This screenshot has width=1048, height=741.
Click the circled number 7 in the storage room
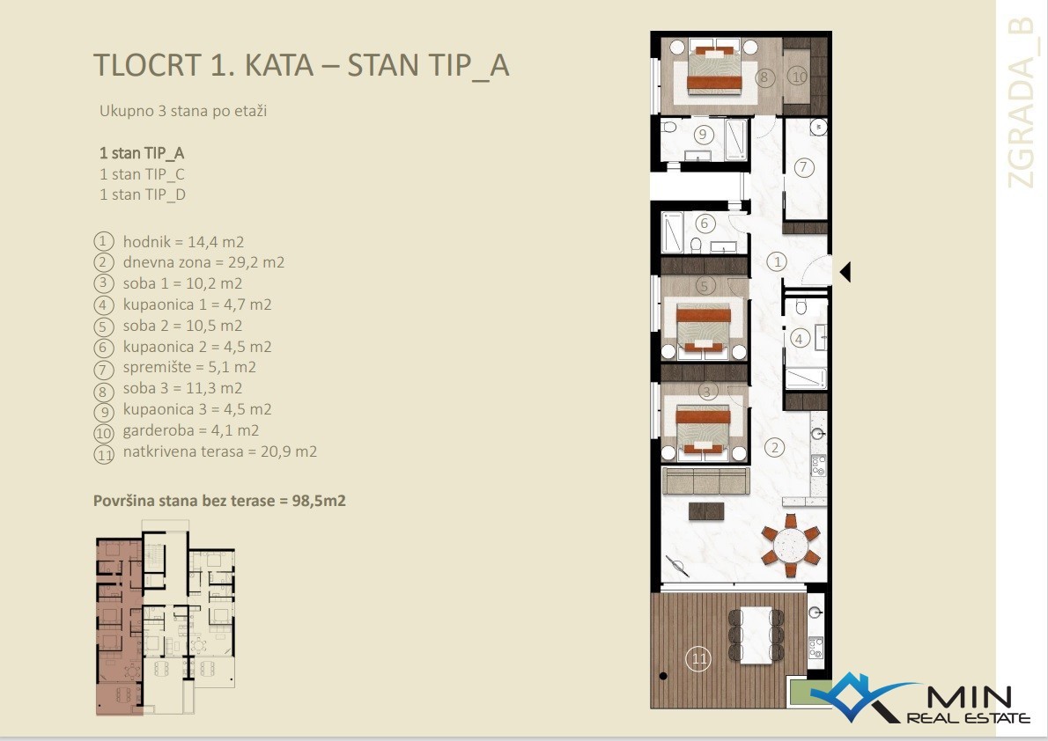(x=803, y=166)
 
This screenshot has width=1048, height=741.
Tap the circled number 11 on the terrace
(x=699, y=659)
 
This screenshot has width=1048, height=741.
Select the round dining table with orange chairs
(x=791, y=546)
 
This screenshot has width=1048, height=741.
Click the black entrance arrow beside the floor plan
(x=845, y=272)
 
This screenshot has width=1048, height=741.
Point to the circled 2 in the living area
(x=775, y=447)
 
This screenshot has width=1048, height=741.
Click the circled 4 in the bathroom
(x=799, y=339)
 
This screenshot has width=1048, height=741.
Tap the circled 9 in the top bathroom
(x=703, y=135)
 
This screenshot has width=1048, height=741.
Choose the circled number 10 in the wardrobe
(x=799, y=77)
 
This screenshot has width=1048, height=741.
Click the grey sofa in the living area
(x=705, y=480)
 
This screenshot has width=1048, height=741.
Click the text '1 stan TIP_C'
(x=142, y=174)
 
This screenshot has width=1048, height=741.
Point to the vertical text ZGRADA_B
(x=1022, y=104)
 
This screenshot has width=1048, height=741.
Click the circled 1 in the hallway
(x=777, y=261)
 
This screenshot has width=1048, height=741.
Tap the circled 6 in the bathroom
(x=704, y=223)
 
